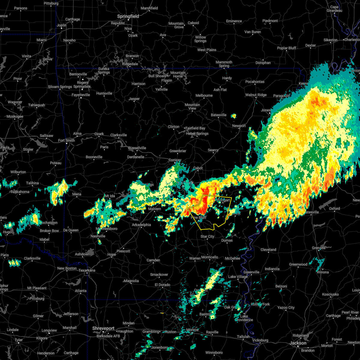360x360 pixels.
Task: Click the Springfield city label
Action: tap(128, 16)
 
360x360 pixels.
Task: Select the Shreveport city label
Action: tap(103, 328)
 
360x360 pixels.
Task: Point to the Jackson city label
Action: tap(298, 343)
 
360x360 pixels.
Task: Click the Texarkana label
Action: tap(87, 270)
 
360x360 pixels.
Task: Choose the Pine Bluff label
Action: tap(199, 217)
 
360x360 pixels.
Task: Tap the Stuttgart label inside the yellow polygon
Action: tap(223, 200)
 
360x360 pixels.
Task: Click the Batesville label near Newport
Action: tap(218, 115)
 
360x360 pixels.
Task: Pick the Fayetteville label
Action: tap(80, 95)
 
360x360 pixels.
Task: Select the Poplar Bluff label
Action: tap(286, 48)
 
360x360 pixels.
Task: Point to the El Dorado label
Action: tap(162, 285)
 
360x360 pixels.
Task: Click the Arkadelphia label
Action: tap(141, 225)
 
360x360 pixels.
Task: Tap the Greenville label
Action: tap(251, 272)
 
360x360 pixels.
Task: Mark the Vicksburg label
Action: tap(260, 340)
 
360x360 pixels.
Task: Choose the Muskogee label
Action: tap(15, 116)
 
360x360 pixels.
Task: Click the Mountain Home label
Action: tap(178, 74)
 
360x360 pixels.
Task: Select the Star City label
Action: tap(207, 236)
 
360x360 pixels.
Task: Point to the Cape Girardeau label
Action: tap(334, 9)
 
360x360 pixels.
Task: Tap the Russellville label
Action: tap(137, 148)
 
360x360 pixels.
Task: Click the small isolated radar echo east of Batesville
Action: tap(234, 116)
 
